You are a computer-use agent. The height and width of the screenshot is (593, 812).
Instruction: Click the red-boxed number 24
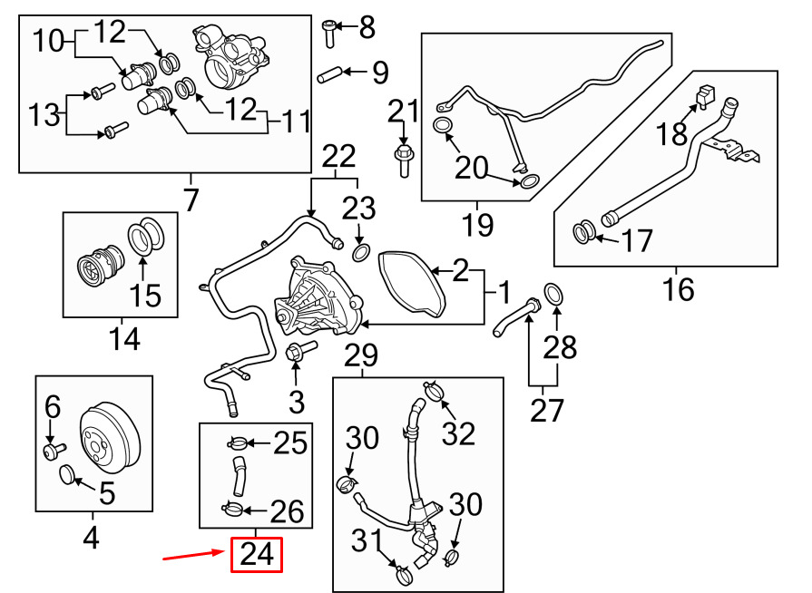(x=257, y=555)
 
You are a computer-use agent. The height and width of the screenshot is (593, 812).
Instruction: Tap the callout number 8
(x=367, y=27)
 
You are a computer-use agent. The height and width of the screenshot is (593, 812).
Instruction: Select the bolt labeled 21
(x=404, y=160)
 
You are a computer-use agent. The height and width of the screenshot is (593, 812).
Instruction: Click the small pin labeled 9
(x=328, y=74)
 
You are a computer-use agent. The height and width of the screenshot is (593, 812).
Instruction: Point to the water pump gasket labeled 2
(x=412, y=282)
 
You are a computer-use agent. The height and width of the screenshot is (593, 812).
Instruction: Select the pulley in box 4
(x=109, y=438)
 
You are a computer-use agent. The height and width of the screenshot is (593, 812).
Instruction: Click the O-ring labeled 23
(x=361, y=253)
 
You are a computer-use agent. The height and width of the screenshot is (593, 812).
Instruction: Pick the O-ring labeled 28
(x=554, y=295)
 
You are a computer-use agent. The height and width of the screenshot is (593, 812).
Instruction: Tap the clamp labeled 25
(x=239, y=443)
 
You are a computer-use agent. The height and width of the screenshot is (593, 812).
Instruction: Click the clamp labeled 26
(x=231, y=510)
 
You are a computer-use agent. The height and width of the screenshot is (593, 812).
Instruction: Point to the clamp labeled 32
(x=435, y=391)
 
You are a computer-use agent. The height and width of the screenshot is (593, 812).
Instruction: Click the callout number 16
(x=678, y=289)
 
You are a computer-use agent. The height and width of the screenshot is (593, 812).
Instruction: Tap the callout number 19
(x=478, y=225)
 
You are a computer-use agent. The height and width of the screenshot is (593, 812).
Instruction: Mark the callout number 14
(x=124, y=339)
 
